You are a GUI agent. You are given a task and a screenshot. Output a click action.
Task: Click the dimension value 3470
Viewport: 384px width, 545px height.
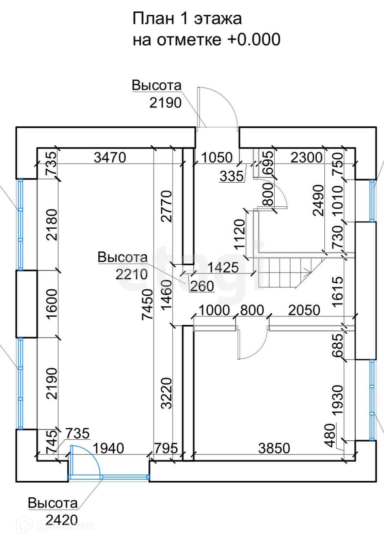pos(110,157)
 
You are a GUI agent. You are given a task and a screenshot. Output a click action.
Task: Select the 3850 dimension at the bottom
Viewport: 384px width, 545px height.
pos(274,448)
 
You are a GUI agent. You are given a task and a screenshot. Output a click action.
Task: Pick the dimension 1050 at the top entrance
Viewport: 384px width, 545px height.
pos(217,158)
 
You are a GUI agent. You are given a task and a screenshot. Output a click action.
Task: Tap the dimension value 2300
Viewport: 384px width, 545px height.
pos(306,157)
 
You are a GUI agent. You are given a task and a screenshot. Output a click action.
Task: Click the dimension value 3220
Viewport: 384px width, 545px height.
pos(166,392)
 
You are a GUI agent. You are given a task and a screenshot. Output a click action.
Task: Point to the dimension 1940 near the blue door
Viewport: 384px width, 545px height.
pos(109,448)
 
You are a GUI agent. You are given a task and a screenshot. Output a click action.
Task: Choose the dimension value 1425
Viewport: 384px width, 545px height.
pos(223,267)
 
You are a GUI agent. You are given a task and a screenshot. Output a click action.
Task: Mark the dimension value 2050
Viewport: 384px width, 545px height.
pos(304,310)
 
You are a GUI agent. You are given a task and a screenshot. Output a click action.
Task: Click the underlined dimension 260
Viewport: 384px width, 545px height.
pos(202,286)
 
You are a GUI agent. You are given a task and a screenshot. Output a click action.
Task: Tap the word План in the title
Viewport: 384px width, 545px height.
pos(153,19)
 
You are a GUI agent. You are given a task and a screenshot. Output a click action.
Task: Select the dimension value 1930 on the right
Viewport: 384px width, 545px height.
pos(337,400)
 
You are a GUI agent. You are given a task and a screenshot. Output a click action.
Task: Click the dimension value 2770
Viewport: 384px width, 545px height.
pos(166,206)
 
